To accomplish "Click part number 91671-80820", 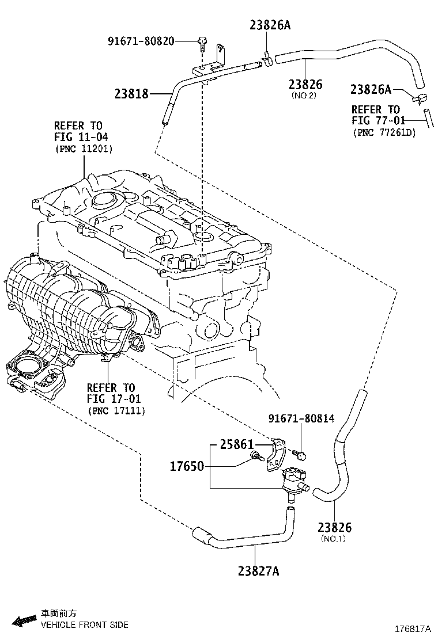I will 141,41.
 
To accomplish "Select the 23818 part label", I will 131,93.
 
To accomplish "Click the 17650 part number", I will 187,466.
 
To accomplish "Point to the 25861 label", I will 236,444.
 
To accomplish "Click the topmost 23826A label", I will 270,25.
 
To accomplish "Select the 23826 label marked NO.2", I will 305,85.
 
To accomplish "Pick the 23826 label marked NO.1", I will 334,528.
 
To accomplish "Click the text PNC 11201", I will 84,148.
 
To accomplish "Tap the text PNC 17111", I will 116,410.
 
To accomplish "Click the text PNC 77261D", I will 385,132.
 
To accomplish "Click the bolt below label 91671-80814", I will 301,455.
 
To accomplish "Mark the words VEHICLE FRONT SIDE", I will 84,625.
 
